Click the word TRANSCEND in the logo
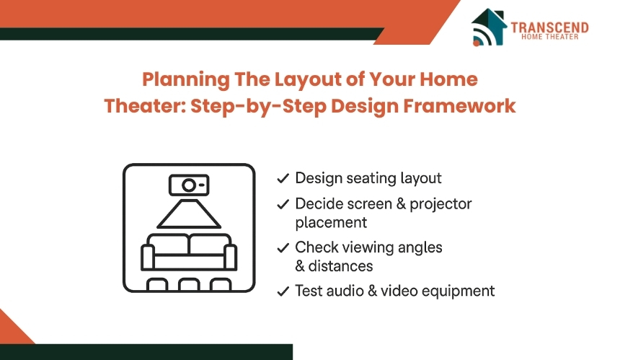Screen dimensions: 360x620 point(549,27)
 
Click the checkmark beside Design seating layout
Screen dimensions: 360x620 point(283,178)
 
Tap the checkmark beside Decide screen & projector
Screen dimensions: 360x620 point(283,204)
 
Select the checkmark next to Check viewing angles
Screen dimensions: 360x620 point(283,247)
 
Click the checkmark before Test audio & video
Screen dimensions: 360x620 point(283,291)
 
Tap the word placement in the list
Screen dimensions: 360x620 point(331,222)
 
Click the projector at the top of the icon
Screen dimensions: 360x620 point(189,186)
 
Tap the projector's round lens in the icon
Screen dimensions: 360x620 point(187,186)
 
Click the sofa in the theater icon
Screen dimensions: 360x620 point(189,253)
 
